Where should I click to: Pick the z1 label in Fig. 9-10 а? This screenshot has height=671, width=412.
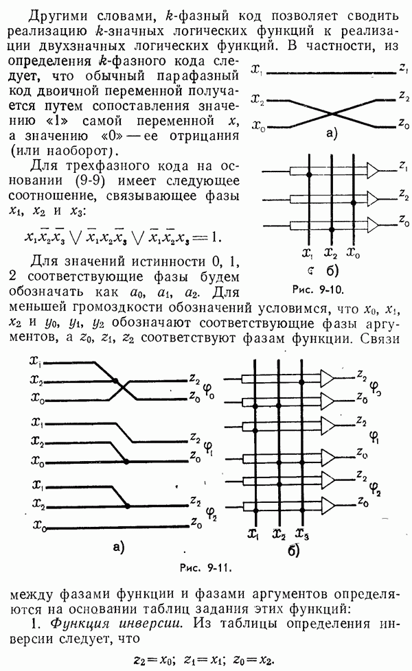pos(402,70)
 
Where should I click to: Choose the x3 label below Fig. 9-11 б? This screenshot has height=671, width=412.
pos(300,534)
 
